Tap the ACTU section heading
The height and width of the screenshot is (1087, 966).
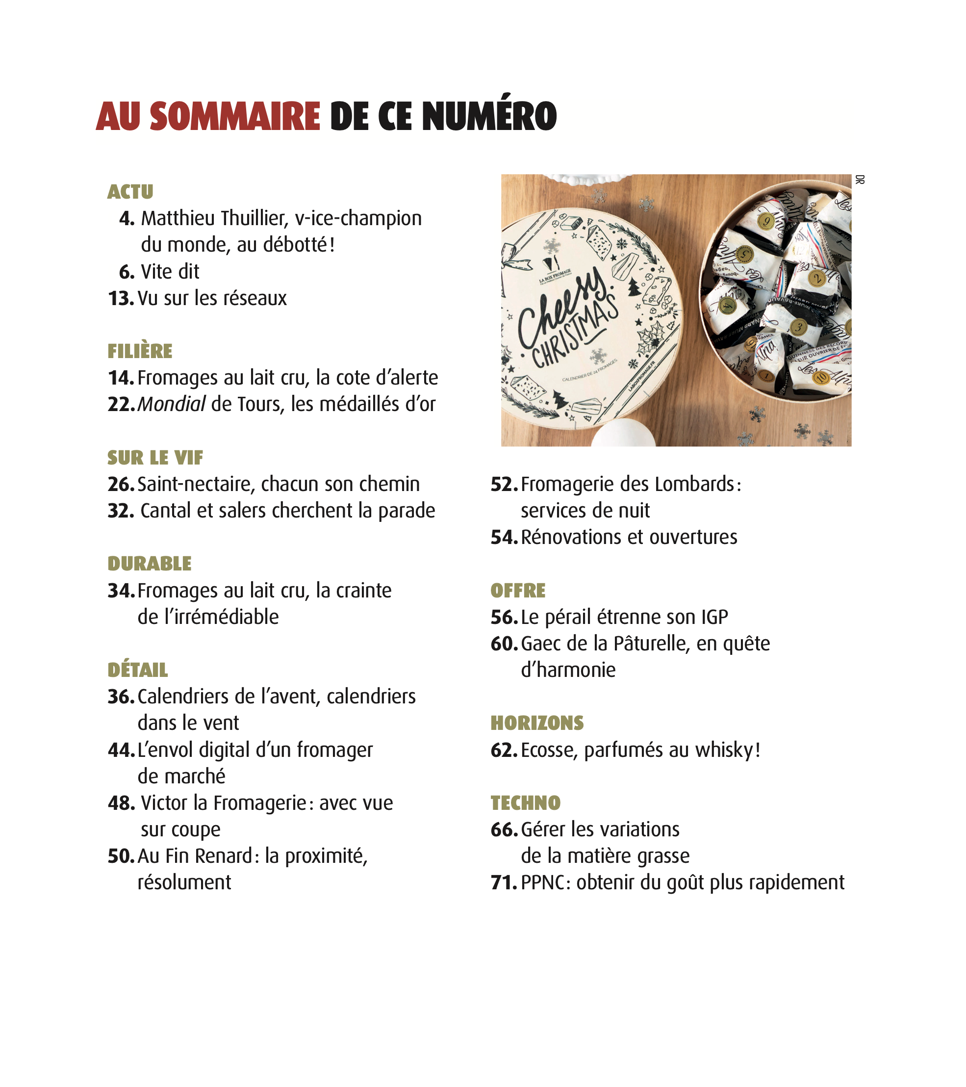click(x=130, y=192)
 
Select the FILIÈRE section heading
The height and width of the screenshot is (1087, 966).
click(x=140, y=352)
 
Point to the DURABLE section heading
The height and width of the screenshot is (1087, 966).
click(x=150, y=564)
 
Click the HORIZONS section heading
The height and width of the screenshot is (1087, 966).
click(x=537, y=723)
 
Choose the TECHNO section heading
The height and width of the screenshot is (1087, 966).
click(x=525, y=803)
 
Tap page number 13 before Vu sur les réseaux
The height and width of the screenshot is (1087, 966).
click(x=121, y=298)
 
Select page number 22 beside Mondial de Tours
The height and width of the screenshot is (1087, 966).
click(x=121, y=405)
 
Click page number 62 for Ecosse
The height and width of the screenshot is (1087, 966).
click(x=504, y=751)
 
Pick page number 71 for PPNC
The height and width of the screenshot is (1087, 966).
click(x=504, y=883)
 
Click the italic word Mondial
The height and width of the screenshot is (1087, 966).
click(x=171, y=405)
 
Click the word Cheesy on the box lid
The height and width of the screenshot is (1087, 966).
click(x=561, y=309)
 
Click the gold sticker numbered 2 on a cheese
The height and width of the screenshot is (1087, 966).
click(x=816, y=278)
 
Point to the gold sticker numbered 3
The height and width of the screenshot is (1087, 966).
click(x=798, y=328)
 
